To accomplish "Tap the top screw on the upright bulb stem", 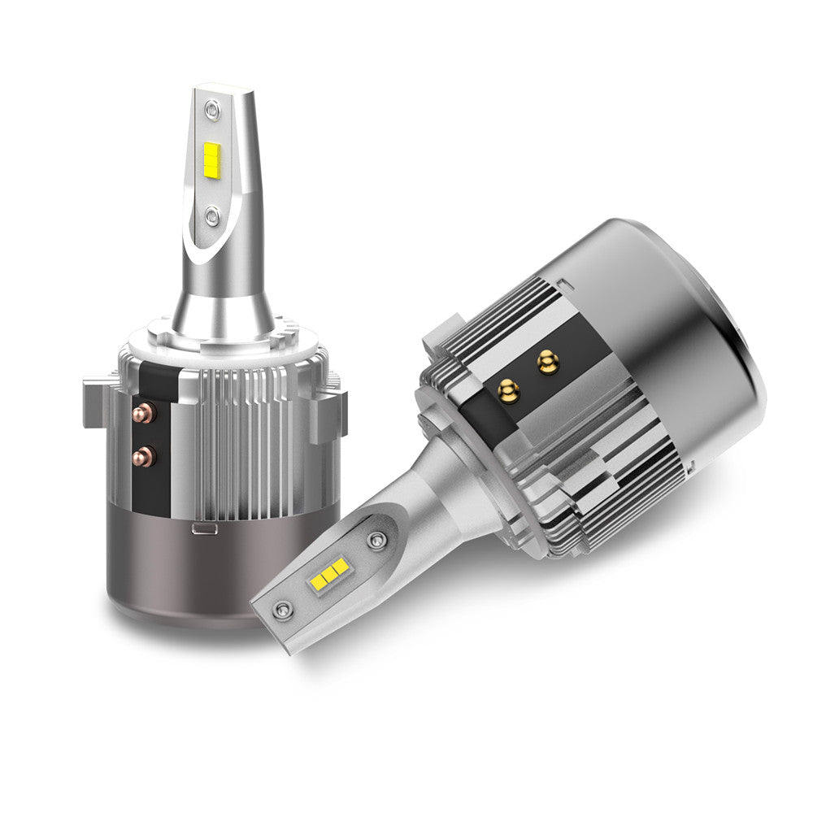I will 212,107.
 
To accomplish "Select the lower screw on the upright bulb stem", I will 212,215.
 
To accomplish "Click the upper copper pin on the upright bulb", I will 147,412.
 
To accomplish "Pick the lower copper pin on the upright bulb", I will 147,455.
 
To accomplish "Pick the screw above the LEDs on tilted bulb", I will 376,540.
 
